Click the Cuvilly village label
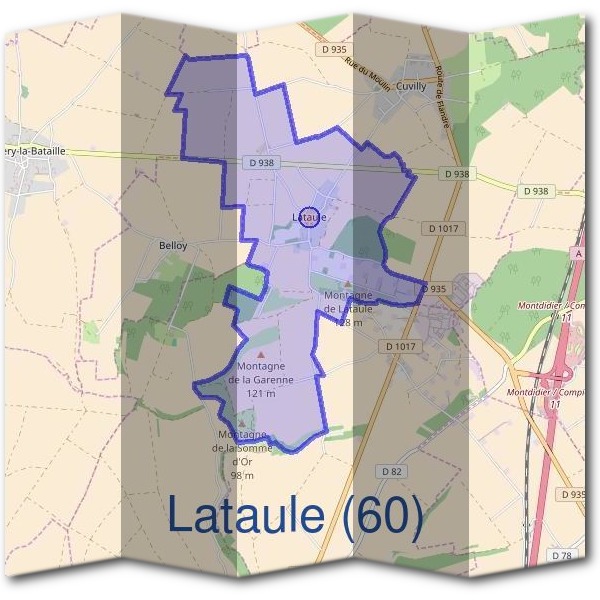pos(411,87)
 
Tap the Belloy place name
pos(173,244)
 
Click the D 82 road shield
pos(391,470)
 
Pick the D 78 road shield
pos(563,554)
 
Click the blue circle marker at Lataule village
pos(310,216)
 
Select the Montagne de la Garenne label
pos(260,373)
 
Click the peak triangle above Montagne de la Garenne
pos(262,354)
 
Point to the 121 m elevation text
pos(260,394)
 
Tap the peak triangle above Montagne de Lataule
pos(348,284)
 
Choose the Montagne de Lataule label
pos(348,302)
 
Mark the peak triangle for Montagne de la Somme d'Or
pos(241,424)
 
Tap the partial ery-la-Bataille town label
pos(35,151)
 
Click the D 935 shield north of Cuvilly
pos(334,48)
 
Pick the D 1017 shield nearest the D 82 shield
pos(399,345)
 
